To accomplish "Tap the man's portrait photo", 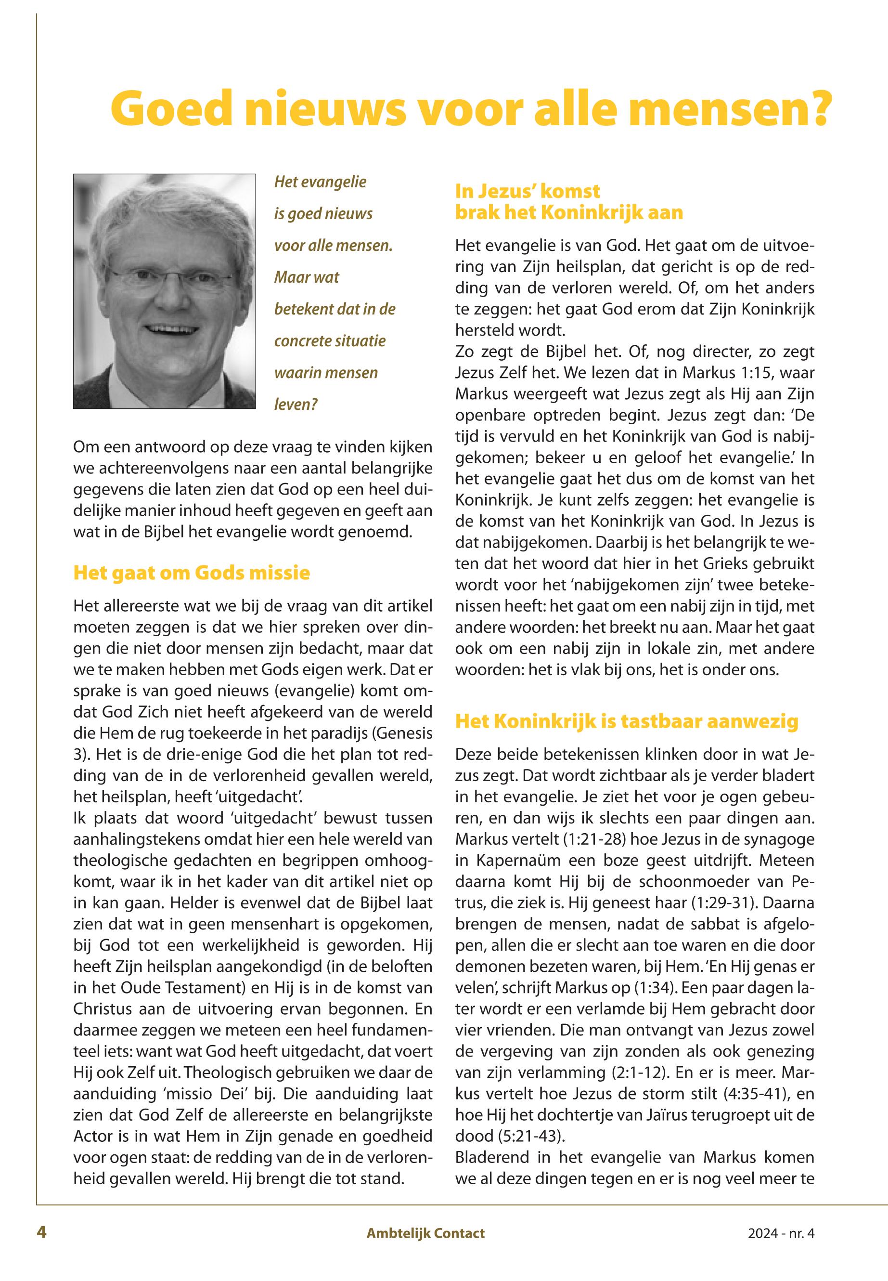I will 164,291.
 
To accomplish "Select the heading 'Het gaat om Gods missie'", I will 192,573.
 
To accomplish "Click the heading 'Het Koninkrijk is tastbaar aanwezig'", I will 627,721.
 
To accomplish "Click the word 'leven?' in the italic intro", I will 296,404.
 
